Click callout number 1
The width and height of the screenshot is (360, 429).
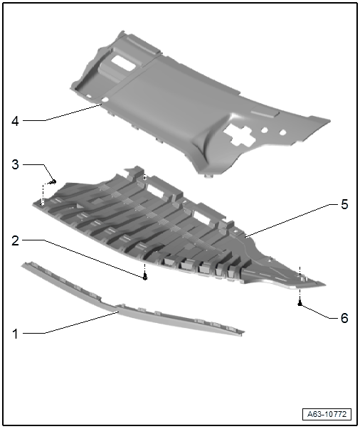(16, 334)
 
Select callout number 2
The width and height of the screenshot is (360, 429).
(16, 240)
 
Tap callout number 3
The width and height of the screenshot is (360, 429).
(16, 165)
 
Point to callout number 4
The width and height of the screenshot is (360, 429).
(16, 121)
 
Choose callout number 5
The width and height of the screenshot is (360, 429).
(344, 204)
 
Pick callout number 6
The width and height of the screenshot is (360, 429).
(344, 318)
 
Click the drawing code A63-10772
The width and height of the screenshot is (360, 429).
(327, 414)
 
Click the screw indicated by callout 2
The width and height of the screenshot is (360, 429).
(145, 277)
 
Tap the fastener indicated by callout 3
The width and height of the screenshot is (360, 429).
(53, 181)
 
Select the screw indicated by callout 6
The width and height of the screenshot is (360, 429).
(300, 303)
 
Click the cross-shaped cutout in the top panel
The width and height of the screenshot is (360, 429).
(240, 134)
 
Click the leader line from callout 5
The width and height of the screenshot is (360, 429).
(287, 221)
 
